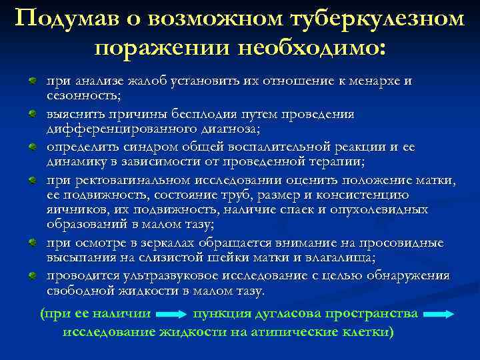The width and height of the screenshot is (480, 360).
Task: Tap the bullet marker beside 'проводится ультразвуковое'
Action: pos(33,276)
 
